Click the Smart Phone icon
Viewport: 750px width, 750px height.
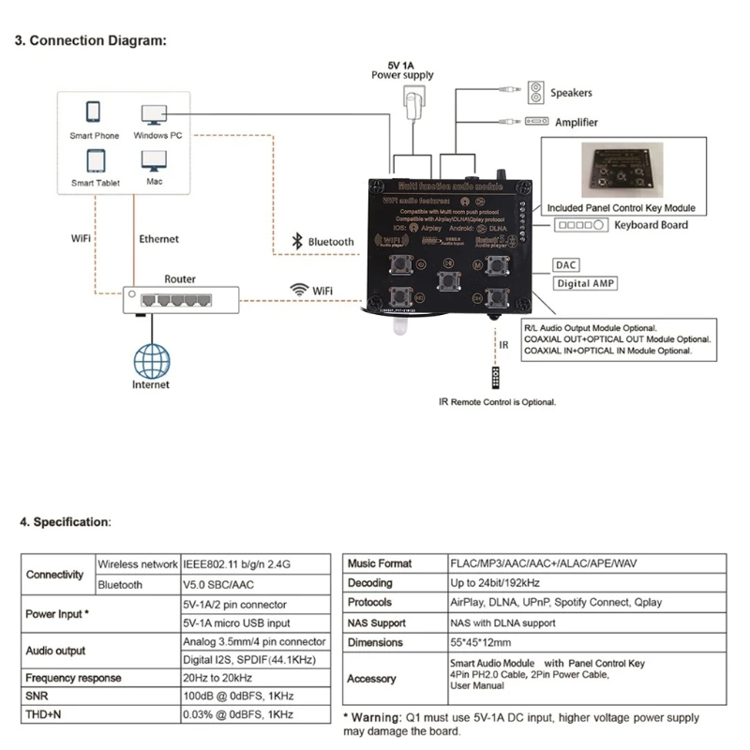click(x=94, y=112)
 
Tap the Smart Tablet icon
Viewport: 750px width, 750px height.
click(x=94, y=159)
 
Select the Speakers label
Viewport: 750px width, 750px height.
click(x=571, y=93)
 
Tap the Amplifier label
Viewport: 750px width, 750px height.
click(x=576, y=122)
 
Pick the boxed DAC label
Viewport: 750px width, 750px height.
click(x=567, y=265)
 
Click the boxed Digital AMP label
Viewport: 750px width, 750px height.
click(x=585, y=283)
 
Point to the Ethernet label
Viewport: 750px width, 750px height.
click(x=158, y=239)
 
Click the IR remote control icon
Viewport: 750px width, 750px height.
click(x=498, y=378)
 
